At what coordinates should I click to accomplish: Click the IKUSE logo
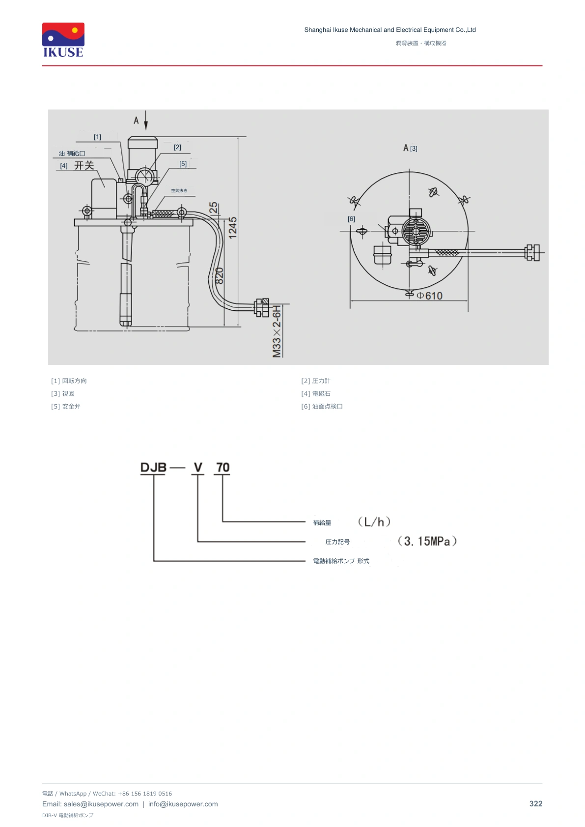[x=63, y=40]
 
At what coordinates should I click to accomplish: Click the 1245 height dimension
[x=232, y=228]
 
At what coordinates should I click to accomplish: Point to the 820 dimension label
[x=219, y=276]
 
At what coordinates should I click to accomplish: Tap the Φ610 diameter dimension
[x=429, y=296]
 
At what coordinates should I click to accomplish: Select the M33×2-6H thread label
[x=277, y=331]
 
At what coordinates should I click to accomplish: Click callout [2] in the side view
[x=177, y=147]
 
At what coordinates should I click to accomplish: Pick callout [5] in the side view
[x=183, y=164]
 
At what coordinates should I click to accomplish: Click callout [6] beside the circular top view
[x=351, y=219]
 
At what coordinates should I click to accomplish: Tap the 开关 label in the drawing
[x=84, y=165]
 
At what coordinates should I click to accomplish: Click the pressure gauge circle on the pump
[x=144, y=175]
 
